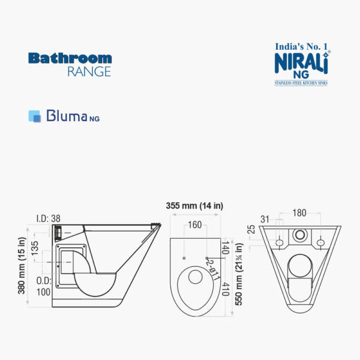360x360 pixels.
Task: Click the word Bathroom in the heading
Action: (70, 58)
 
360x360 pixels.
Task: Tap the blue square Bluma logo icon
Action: (35, 116)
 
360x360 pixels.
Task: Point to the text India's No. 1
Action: (301, 45)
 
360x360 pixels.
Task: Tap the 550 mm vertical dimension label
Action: (239, 274)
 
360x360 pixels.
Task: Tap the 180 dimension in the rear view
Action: (301, 213)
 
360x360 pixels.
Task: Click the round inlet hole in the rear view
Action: (300, 234)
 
